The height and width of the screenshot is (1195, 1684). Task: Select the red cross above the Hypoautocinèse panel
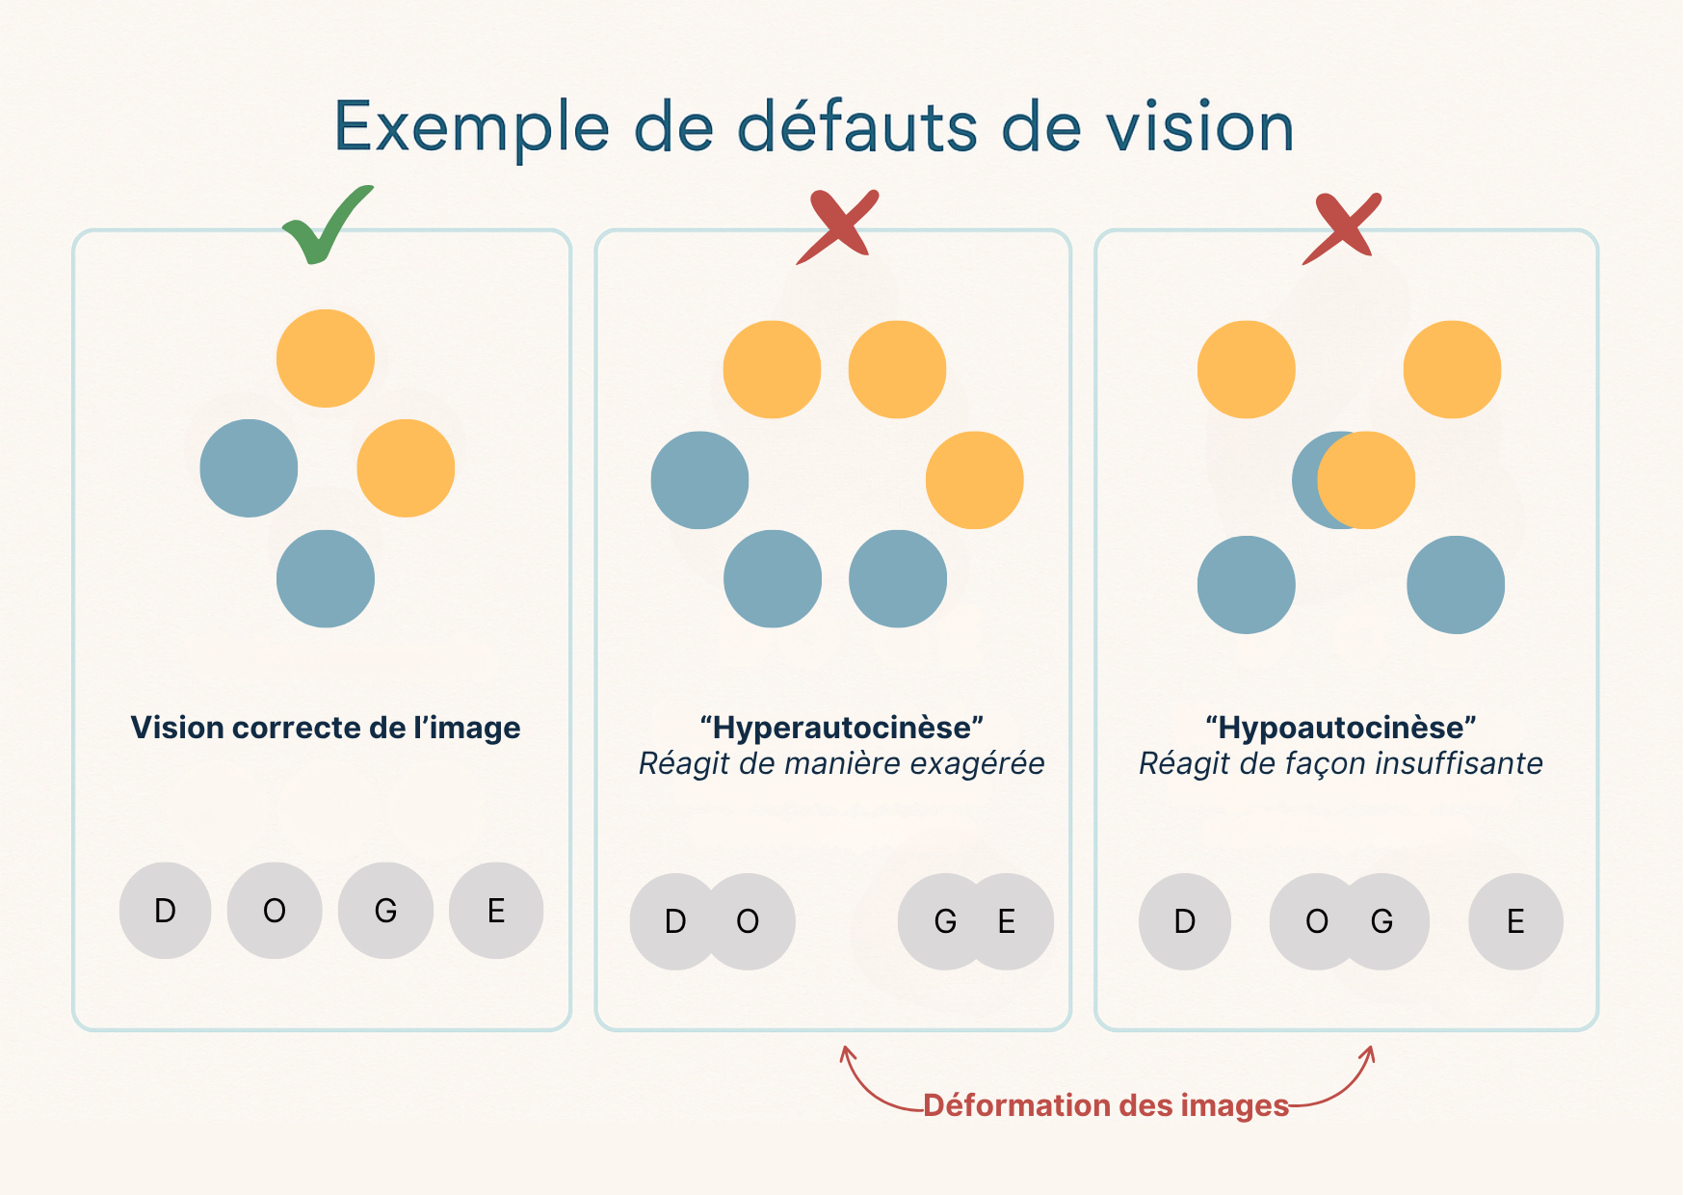pos(1342,229)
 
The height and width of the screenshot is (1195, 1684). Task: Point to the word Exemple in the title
pos(471,127)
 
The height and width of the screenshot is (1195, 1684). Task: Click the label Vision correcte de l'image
pos(326,728)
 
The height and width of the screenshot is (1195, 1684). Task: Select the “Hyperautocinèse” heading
pos(841,728)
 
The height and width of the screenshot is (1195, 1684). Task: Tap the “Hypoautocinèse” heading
pos(1341,728)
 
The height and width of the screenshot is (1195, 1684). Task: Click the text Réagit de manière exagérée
pos(841,764)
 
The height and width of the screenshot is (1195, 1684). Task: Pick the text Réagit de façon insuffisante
pos(1341,764)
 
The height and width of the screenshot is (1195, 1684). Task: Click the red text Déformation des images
pos(1105,1105)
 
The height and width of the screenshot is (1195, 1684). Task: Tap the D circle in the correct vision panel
pos(166,911)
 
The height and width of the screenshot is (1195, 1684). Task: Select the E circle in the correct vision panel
pos(496,911)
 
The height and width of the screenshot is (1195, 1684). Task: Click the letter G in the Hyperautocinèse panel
pos(945,922)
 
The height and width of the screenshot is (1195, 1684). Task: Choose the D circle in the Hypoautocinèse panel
pos(1185,922)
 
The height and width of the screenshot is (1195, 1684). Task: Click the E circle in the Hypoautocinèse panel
pos(1515,922)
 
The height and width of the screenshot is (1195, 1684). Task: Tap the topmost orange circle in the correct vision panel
pos(326,358)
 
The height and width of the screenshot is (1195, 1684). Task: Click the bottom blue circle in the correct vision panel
pos(326,579)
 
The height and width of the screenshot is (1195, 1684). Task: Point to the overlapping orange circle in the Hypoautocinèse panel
pos(1368,480)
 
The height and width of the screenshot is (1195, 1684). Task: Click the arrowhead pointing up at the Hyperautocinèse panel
pos(847,1053)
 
